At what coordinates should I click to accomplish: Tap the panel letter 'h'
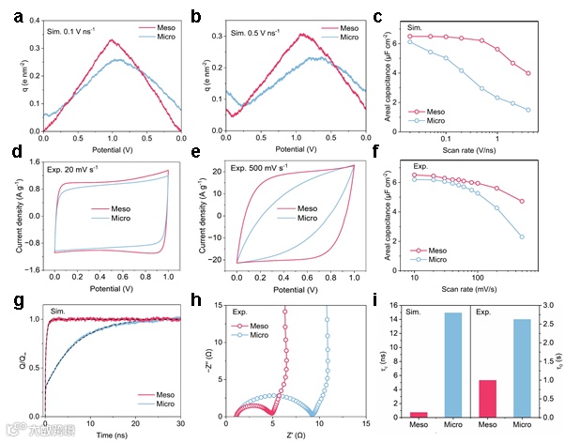198,300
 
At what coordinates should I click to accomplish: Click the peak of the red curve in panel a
112,40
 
